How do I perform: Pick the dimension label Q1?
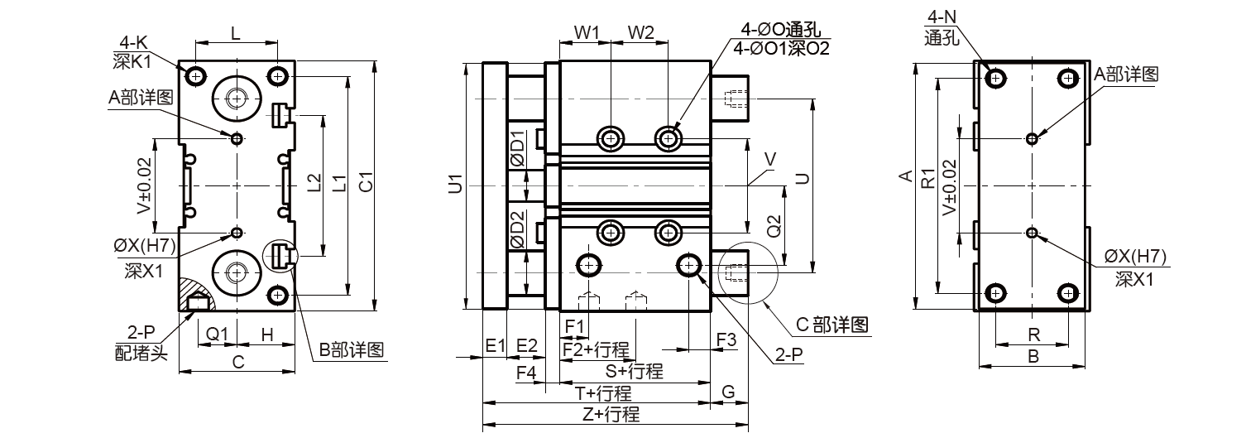[217, 334]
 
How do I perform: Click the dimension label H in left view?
[267, 334]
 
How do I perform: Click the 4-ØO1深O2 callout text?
[781, 48]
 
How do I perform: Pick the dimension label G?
[728, 390]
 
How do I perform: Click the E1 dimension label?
[495, 345]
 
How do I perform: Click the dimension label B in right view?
[1032, 357]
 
